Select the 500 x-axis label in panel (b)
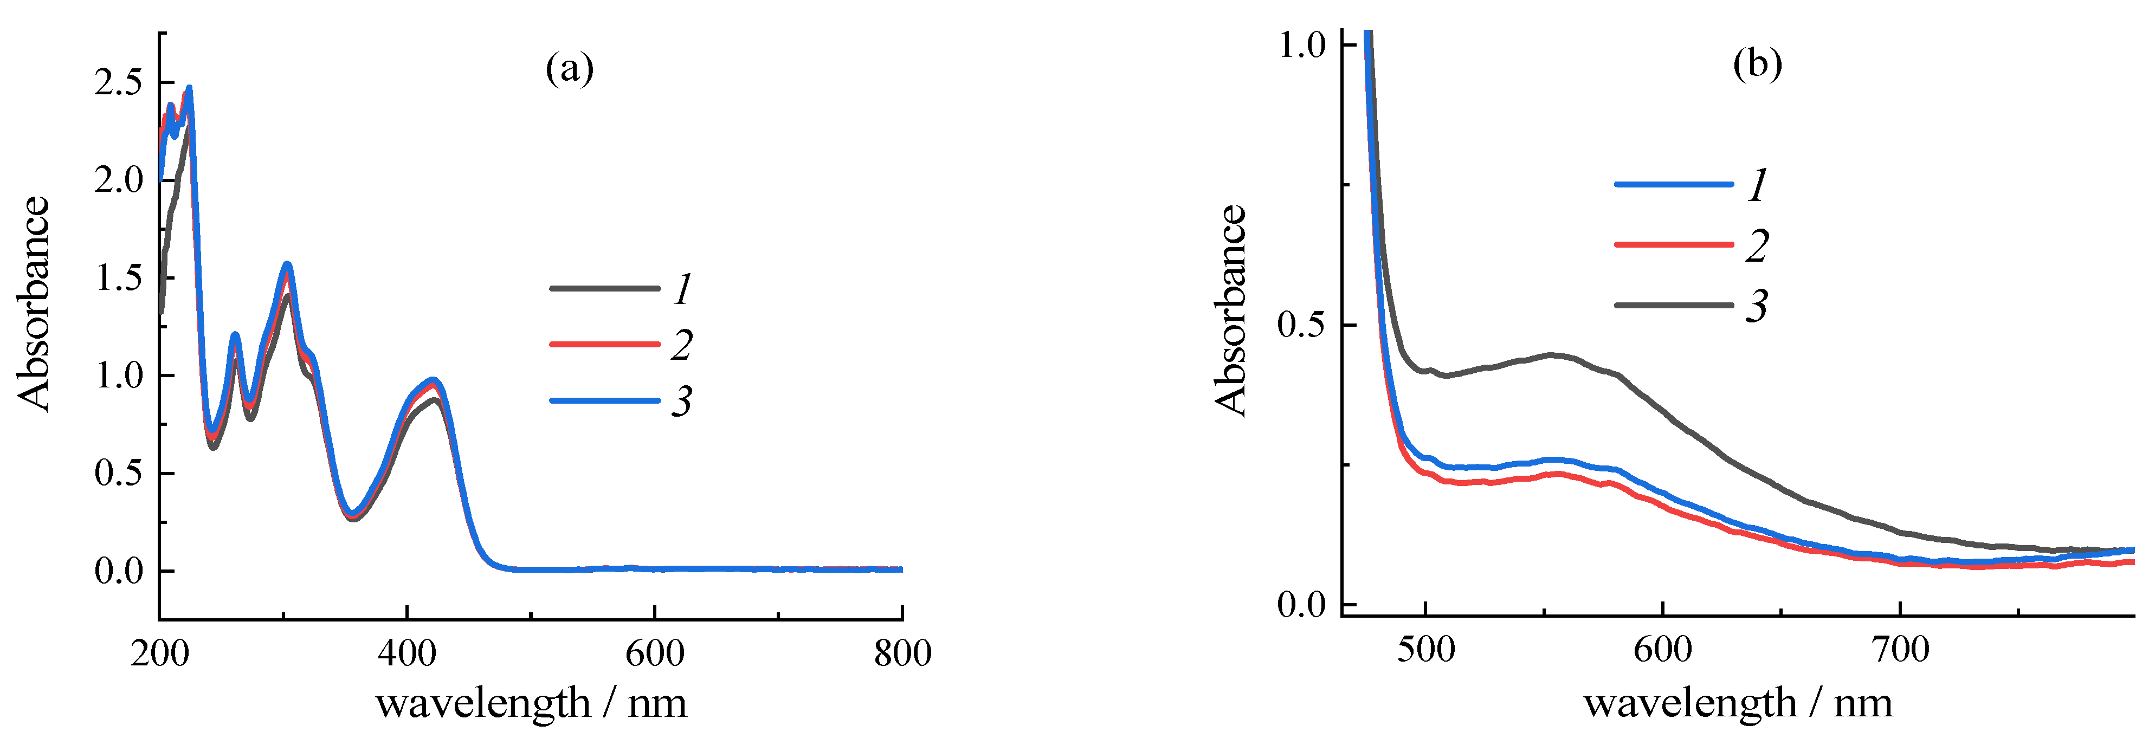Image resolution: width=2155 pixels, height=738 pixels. point(1425,649)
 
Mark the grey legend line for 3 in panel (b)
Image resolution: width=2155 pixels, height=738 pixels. point(1673,306)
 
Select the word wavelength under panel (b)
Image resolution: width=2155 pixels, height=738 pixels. point(1690,703)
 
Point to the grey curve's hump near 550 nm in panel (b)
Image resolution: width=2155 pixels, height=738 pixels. point(1552,355)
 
